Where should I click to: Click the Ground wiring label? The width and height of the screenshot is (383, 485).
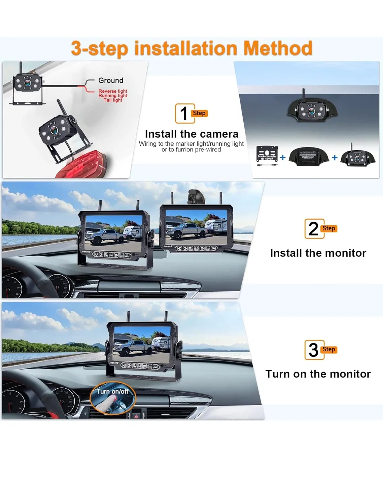(111, 80)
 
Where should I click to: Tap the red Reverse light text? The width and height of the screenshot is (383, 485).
(113, 91)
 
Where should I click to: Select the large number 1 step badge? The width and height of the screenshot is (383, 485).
(184, 114)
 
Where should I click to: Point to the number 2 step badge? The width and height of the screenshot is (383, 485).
(314, 229)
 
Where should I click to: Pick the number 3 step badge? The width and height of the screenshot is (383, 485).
(314, 350)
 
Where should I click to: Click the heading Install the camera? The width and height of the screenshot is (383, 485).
(191, 134)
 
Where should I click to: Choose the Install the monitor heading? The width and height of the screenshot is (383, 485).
(318, 253)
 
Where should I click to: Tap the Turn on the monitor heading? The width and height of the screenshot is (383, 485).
(318, 374)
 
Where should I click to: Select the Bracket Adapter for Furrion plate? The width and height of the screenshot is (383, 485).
(267, 155)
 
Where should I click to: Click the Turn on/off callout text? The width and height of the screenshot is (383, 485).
(112, 391)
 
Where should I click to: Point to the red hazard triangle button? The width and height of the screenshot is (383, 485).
(136, 416)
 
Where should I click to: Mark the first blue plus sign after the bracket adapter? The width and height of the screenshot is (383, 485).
(283, 157)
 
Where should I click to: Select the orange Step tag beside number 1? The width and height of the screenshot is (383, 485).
(199, 113)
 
